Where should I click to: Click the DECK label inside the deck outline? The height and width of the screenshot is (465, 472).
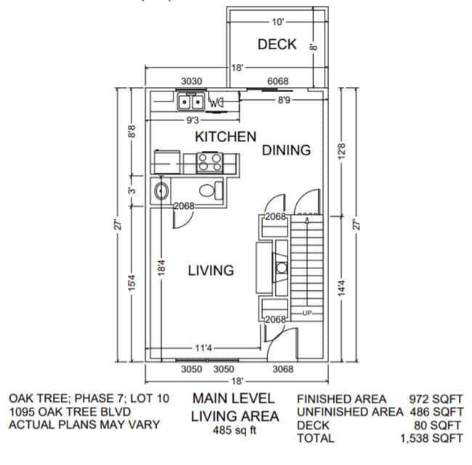[277, 44]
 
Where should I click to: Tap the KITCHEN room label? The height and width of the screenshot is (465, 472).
[225, 136]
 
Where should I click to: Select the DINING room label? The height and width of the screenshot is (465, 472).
[286, 150]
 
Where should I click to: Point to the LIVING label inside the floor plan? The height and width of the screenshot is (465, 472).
[211, 271]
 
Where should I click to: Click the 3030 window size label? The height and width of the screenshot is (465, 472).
[191, 81]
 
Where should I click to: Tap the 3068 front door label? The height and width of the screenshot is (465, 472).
[282, 369]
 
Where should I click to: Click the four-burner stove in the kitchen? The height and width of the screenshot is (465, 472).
[210, 162]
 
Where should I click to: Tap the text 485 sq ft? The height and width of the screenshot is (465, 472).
[235, 430]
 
